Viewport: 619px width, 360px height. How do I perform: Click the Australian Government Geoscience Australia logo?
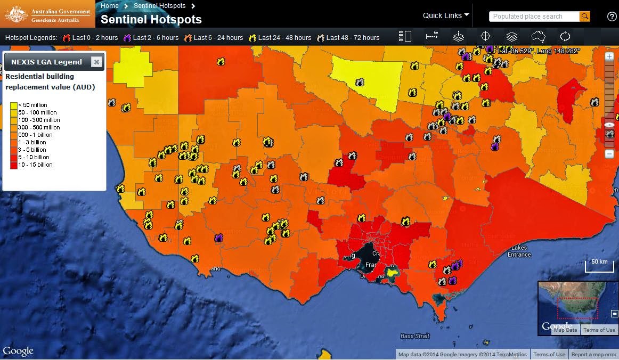point(48,14)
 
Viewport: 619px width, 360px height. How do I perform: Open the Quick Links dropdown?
point(446,15)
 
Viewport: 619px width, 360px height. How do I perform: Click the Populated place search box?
point(534,17)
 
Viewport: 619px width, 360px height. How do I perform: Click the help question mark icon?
point(612,17)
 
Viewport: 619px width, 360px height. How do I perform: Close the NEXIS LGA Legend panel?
point(96,62)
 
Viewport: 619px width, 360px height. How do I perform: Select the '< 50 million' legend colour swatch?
point(13,105)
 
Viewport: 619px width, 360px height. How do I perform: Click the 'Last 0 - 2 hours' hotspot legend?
point(91,38)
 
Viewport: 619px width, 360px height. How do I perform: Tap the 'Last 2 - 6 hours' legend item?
point(151,38)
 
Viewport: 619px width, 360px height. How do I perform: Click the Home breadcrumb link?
point(110,6)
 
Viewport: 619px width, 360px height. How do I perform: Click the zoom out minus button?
point(609,154)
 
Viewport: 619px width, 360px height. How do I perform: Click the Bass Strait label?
point(414,336)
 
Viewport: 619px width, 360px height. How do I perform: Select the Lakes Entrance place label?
point(519,251)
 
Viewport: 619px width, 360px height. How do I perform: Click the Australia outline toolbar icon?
point(539,37)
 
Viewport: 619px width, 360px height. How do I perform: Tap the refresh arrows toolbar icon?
point(565,37)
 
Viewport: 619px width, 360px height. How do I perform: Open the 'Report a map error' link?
point(593,355)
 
